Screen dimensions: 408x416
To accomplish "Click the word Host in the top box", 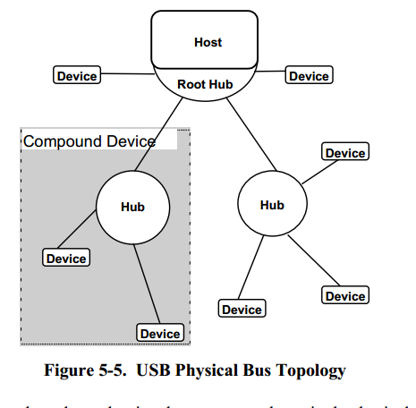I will pyautogui.click(x=208, y=42).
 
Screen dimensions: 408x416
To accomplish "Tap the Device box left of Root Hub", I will pyautogui.click(x=77, y=76).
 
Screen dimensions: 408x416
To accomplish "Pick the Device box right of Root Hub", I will pyautogui.click(x=309, y=76).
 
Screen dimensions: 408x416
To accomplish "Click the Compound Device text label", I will pyautogui.click(x=89, y=141).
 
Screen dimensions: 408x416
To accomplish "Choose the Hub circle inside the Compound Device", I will pyautogui.click(x=132, y=207).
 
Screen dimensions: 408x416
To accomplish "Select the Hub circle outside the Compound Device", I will pyautogui.click(x=272, y=204).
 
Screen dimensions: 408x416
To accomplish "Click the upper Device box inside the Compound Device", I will pyautogui.click(x=66, y=259).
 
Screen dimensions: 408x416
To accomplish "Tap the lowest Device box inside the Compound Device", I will pyautogui.click(x=160, y=334).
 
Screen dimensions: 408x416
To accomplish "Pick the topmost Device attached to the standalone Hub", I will pyautogui.click(x=345, y=153).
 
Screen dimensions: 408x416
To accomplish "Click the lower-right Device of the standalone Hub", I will pyautogui.click(x=345, y=296).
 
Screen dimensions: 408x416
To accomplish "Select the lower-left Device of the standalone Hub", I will pyautogui.click(x=242, y=310).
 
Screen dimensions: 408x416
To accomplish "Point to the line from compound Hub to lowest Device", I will pyautogui.click(x=148, y=282).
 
